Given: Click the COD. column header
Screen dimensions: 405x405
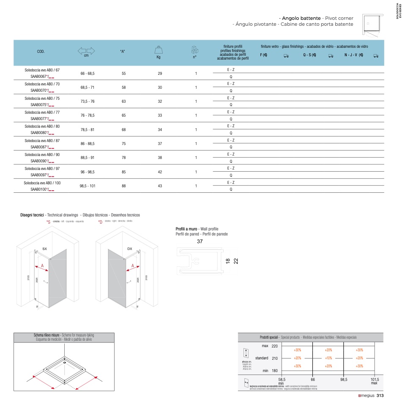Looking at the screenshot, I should tap(41, 52).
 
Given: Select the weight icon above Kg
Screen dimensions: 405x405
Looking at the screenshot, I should tap(159, 49).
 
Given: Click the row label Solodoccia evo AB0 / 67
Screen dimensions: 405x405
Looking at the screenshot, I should tap(42, 70).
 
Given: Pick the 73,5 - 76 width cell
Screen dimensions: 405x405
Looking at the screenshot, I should tap(87, 101).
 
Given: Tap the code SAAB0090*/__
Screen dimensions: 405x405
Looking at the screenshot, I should tap(42, 161).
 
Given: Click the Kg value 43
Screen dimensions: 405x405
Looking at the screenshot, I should tap(160, 186).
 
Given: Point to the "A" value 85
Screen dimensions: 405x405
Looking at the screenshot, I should tap(123, 172).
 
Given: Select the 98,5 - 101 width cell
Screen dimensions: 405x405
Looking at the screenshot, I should tap(87, 186).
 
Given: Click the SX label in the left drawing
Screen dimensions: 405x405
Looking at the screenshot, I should tap(44, 249).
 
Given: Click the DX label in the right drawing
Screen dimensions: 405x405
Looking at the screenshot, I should tap(130, 249).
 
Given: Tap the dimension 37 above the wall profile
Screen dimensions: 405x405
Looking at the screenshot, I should tap(200, 242).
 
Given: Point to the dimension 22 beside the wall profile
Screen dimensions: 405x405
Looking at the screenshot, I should tap(236, 261).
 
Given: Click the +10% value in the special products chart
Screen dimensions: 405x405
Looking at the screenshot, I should tap(328, 358).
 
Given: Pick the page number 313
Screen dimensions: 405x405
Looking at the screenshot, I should tap(380, 396).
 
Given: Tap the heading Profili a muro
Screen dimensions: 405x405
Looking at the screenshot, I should tap(183, 229).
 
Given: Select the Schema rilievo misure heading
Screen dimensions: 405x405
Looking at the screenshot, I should tap(47, 335).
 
